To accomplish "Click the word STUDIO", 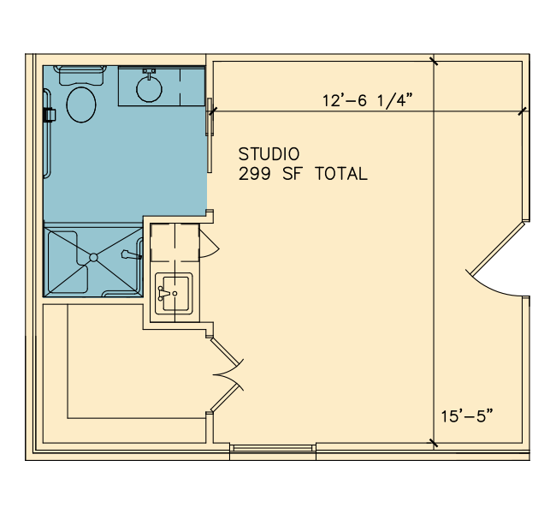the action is point(269,154).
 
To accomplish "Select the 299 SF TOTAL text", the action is point(303,174).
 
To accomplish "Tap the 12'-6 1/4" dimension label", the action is point(368,100).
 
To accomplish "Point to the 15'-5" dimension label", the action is point(467,416).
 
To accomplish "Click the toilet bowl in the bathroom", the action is point(81,105).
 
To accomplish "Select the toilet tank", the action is point(81,75).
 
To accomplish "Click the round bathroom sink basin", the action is point(150,89).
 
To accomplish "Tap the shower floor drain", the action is point(93,257).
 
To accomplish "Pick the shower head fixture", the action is point(131,254).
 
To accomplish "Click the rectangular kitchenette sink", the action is point(174,294).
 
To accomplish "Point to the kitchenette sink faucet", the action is point(165,294).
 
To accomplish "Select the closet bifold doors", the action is point(227,374).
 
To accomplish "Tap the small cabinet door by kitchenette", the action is point(210,243).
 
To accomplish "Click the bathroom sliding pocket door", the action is point(210,135).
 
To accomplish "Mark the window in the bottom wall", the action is point(273,448).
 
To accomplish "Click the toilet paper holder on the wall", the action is point(50,115).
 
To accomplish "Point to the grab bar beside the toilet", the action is point(47,134).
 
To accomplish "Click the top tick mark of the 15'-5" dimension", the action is point(434,61).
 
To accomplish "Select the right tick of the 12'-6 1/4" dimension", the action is point(522,111).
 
